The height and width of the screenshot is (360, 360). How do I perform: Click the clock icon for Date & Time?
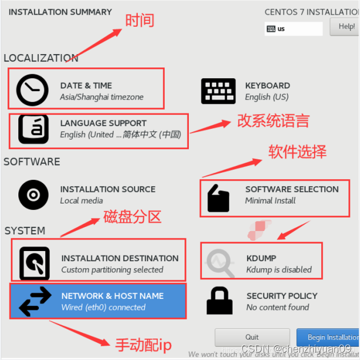[x=32, y=90]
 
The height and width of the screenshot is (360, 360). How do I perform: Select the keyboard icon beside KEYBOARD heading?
[x=218, y=91]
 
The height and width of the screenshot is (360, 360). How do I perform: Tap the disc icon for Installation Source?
[x=33, y=195]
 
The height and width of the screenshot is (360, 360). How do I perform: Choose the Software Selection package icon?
[x=218, y=197]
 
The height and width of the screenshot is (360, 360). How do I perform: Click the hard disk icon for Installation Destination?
[x=34, y=264]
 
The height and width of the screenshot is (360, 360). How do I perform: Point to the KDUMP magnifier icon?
[x=220, y=263]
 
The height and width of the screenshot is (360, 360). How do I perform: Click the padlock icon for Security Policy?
[x=219, y=301]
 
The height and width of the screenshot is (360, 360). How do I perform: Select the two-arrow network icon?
[x=35, y=301]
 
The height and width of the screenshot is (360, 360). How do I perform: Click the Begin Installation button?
[x=328, y=337]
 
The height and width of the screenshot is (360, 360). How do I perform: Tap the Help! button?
[x=346, y=27]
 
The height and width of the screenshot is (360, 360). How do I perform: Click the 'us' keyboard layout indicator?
[x=293, y=29]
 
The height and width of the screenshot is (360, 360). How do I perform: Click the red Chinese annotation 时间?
[x=140, y=21]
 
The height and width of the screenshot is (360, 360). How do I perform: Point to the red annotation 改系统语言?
[x=273, y=121]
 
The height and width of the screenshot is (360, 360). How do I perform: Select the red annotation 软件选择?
[x=297, y=151]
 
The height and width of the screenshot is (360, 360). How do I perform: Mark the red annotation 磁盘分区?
[x=132, y=216]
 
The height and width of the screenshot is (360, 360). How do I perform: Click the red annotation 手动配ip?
[x=143, y=345]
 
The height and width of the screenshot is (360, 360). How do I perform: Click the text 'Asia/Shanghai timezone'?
[x=102, y=97]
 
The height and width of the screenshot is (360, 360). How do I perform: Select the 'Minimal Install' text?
[x=270, y=200]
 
